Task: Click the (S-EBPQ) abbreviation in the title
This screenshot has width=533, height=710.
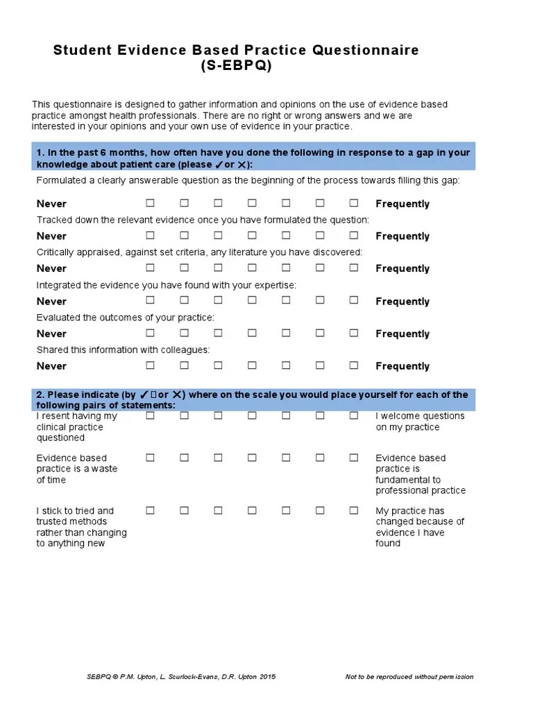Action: point(236,66)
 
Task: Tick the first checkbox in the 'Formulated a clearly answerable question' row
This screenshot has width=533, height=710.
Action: point(150,203)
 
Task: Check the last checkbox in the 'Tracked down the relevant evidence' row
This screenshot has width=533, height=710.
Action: point(354,235)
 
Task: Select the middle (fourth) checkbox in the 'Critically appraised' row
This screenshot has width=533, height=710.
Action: point(252,268)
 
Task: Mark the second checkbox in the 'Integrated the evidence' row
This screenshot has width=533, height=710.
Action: point(184,300)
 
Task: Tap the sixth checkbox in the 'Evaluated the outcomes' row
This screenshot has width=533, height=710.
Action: point(320,333)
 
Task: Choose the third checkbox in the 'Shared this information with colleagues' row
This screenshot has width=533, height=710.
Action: point(218,365)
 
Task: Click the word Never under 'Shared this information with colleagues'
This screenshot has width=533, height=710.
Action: point(51,366)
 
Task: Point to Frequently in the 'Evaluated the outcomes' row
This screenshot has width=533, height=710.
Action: point(403,334)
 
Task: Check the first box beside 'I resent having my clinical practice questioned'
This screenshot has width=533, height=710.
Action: point(150,416)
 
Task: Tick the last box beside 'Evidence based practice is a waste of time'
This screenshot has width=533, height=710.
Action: point(354,458)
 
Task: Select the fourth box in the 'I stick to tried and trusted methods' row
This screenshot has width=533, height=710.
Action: point(252,510)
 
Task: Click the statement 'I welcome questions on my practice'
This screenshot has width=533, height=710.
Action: point(420,422)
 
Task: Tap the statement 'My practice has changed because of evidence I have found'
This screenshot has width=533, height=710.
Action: point(420,527)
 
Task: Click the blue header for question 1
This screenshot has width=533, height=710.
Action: point(253,158)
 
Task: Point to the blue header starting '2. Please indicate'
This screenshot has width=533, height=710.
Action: point(253,399)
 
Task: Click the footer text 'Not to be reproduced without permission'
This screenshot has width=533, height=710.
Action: point(409,677)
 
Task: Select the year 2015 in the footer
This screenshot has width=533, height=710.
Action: point(267,677)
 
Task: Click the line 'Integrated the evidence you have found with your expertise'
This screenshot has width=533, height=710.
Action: point(167,285)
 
